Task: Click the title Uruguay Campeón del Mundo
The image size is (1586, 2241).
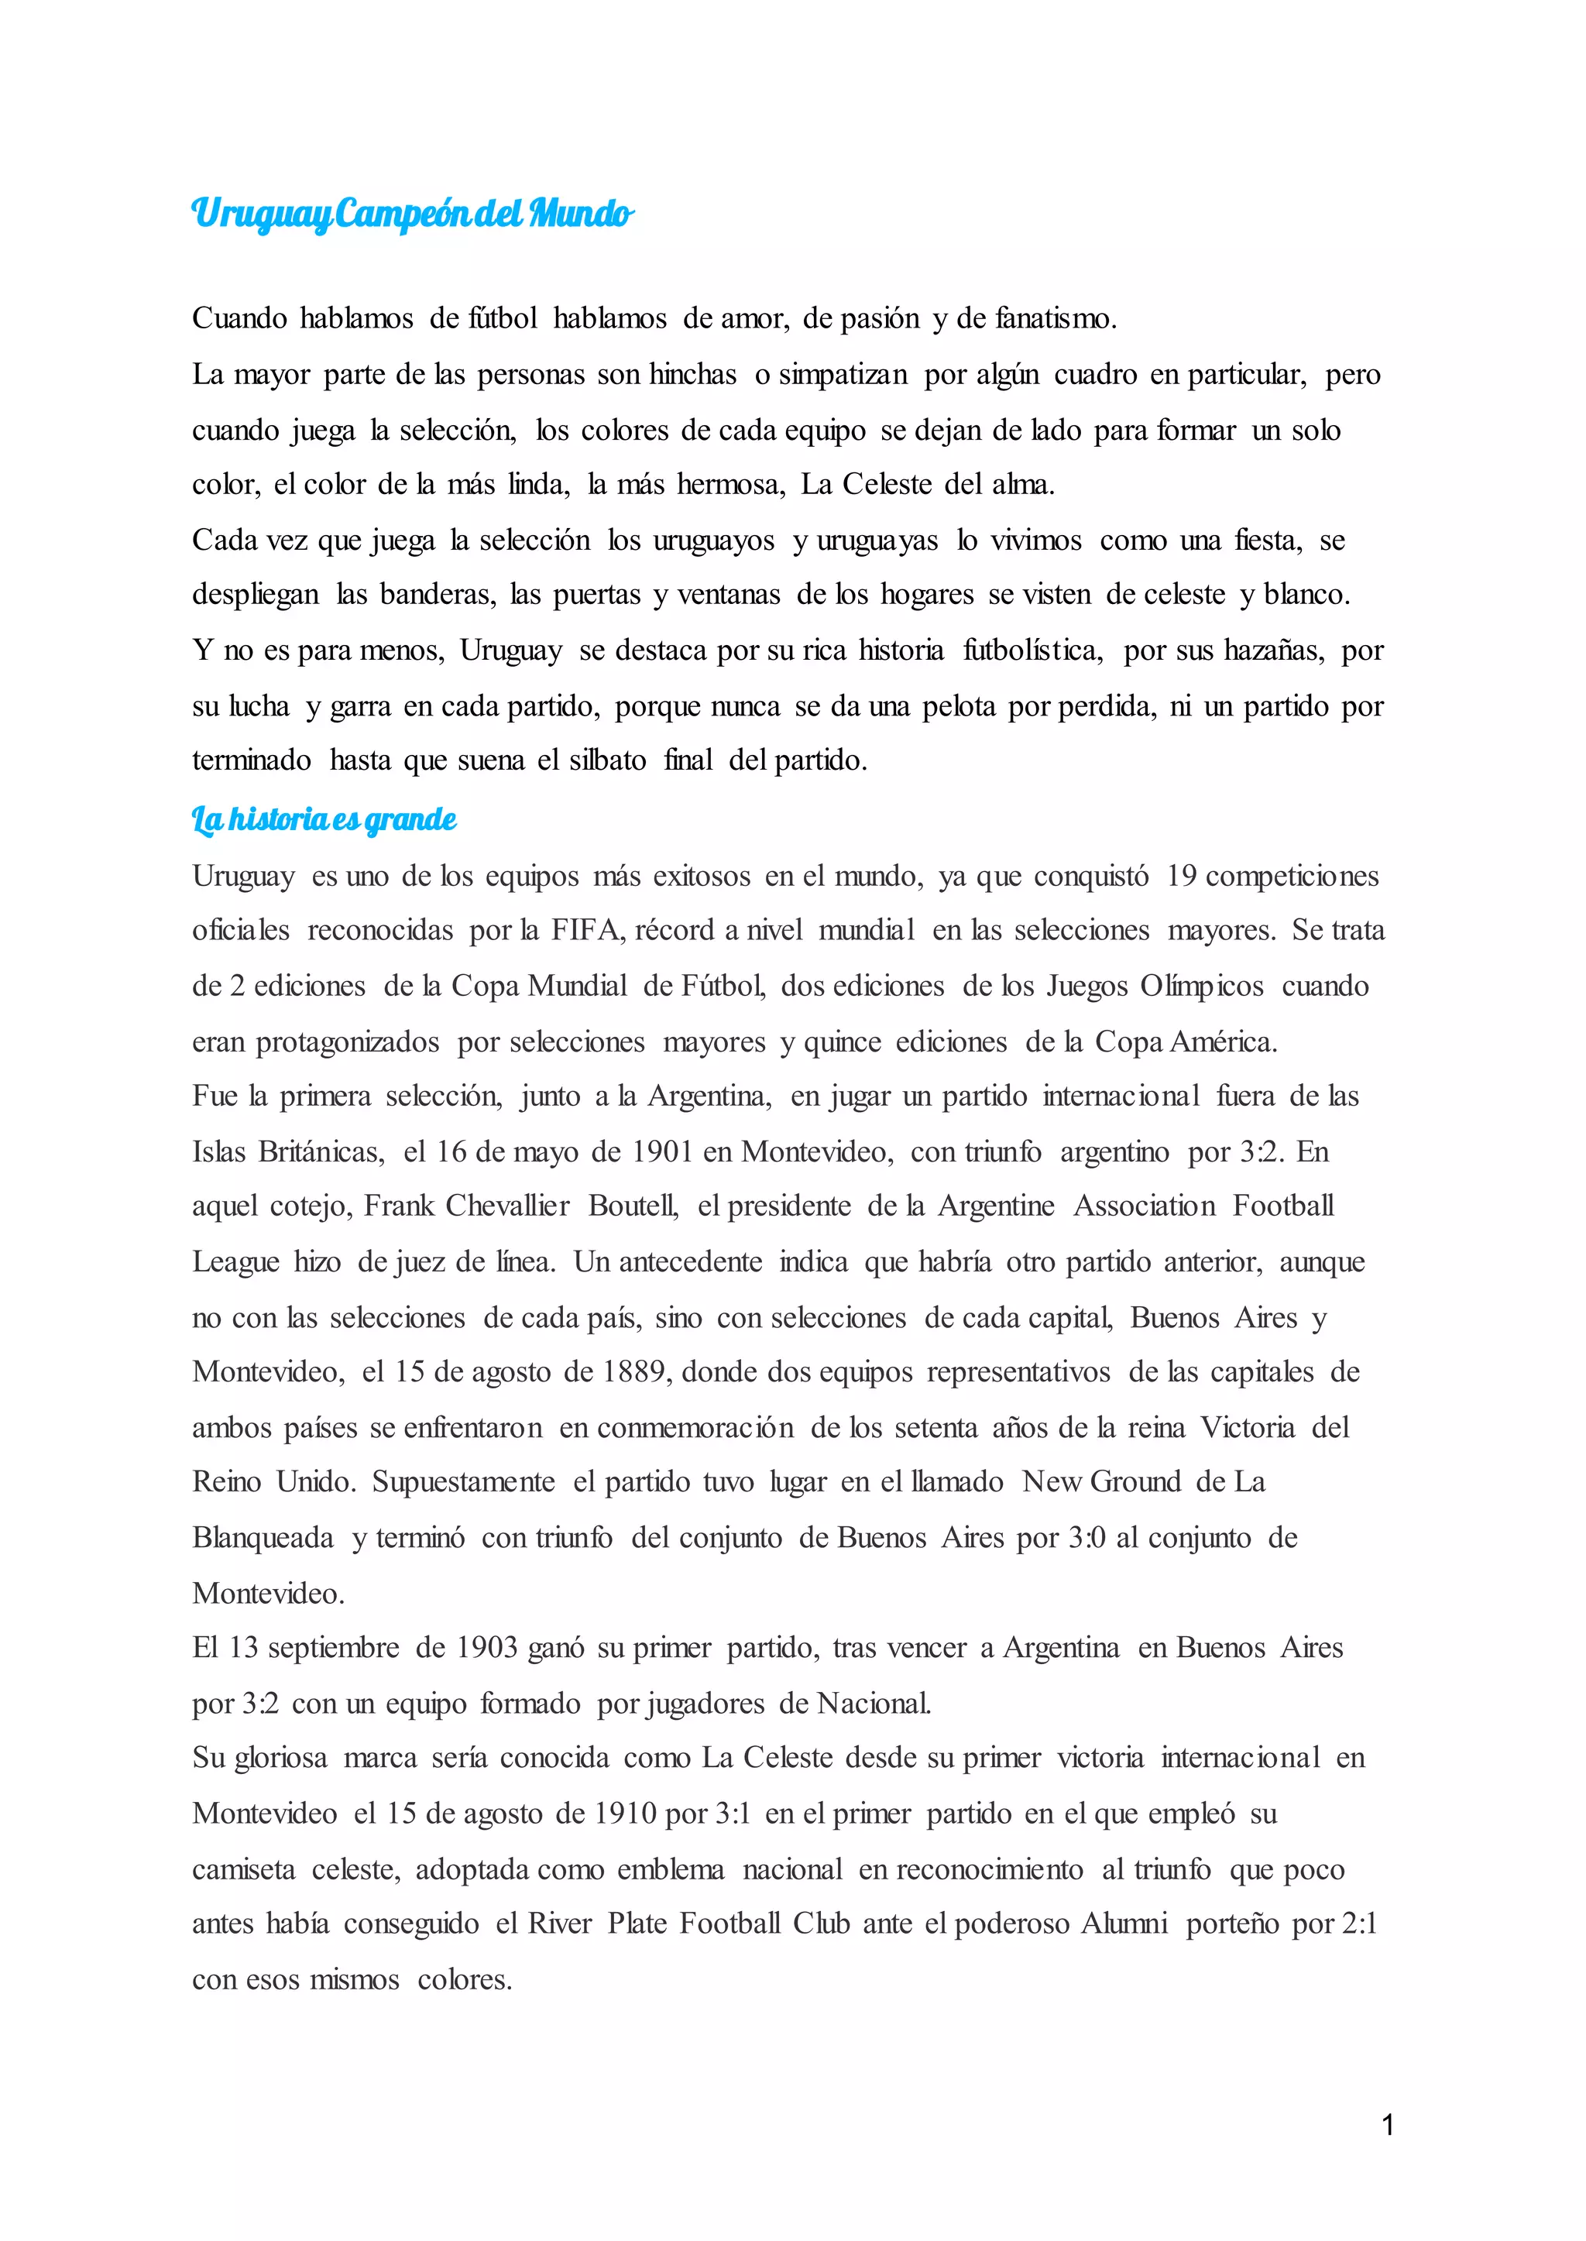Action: tap(412, 213)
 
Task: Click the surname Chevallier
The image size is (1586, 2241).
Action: tap(507, 1206)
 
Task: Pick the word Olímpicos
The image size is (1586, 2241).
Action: tap(1201, 987)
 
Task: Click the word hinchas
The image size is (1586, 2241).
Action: tap(692, 375)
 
